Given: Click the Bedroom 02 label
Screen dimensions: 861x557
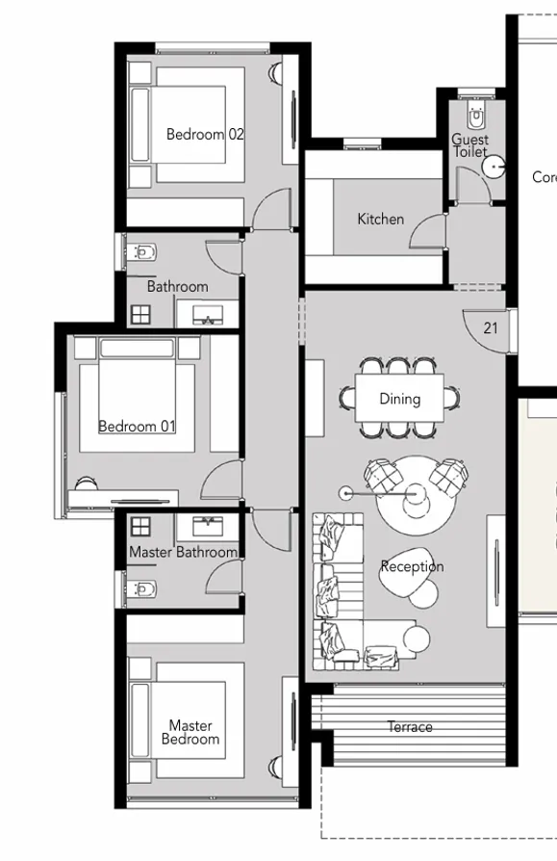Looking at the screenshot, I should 205,135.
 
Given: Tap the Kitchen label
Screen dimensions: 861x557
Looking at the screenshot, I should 380,220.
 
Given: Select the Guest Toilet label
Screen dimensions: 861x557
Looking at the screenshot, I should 470,146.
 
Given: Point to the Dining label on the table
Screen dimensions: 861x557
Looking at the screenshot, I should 399,399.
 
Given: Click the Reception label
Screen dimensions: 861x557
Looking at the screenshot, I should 412,566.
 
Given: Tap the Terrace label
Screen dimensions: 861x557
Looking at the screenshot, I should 410,727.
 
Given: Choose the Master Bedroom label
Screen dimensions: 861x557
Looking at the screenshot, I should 190,733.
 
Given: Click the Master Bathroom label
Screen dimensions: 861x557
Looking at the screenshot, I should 183,553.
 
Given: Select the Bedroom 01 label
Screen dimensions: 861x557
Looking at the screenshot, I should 137,426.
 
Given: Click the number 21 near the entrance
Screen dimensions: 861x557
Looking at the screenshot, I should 491,328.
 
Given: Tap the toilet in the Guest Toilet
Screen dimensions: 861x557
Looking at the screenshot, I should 476,117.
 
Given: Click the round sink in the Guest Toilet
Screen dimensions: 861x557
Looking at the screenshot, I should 494,168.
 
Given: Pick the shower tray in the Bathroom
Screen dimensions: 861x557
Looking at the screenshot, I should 141,314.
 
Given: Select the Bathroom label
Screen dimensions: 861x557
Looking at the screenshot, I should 177,287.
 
